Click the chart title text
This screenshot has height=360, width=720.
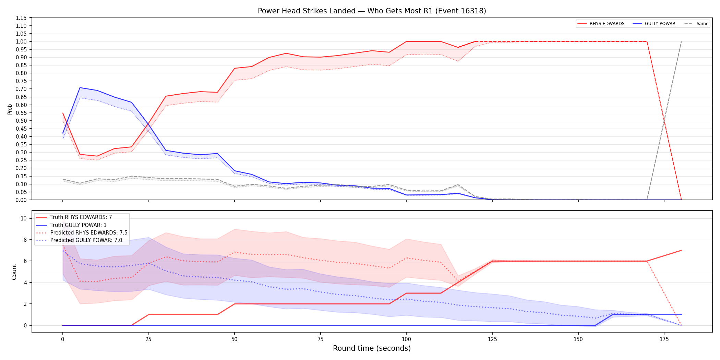pos(372,11)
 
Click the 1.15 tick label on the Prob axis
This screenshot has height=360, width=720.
pos(21,18)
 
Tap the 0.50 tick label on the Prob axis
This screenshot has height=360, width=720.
pos(21,121)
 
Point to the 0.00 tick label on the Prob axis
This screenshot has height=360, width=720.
pos(21,200)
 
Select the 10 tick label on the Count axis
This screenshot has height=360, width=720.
pos(24,218)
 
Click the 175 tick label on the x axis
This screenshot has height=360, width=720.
pos(664,339)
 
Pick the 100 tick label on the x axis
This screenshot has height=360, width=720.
pos(406,339)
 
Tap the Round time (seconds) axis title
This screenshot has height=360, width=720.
pos(372,348)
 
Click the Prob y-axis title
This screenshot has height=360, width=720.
pos(10,109)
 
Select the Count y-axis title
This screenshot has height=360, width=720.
pos(14,272)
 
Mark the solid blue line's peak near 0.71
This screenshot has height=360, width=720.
pos(80,88)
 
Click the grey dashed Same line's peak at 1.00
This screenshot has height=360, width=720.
pos(681,41)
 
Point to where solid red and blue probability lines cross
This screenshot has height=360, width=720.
pos(149,124)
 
